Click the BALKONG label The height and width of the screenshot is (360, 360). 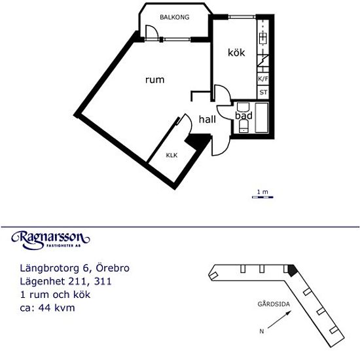tap(175, 17)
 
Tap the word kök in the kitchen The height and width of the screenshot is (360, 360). tap(236, 52)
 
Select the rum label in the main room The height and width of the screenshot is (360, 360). tap(155, 80)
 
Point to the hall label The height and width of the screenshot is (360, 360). tap(207, 119)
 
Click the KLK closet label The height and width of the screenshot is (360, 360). tap(171, 155)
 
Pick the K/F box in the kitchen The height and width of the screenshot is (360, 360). tap(263, 79)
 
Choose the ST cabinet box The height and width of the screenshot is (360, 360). tap(263, 92)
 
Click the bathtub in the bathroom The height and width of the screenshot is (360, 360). tap(262, 118)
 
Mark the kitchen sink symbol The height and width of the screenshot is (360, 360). tap(263, 38)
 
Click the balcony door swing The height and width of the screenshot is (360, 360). tap(152, 32)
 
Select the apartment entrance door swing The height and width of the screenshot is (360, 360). tap(221, 145)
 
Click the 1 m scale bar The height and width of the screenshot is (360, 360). tap(262, 197)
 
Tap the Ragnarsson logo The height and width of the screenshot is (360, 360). tap(50, 240)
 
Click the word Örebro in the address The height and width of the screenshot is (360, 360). tap(113, 268)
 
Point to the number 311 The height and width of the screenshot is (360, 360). tap(103, 281)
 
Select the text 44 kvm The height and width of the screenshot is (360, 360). tap(56, 308)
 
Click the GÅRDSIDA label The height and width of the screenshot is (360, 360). tap(274, 304)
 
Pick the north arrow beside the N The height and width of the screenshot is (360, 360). tap(279, 319)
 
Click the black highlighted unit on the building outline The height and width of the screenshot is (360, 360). tap(293, 270)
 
